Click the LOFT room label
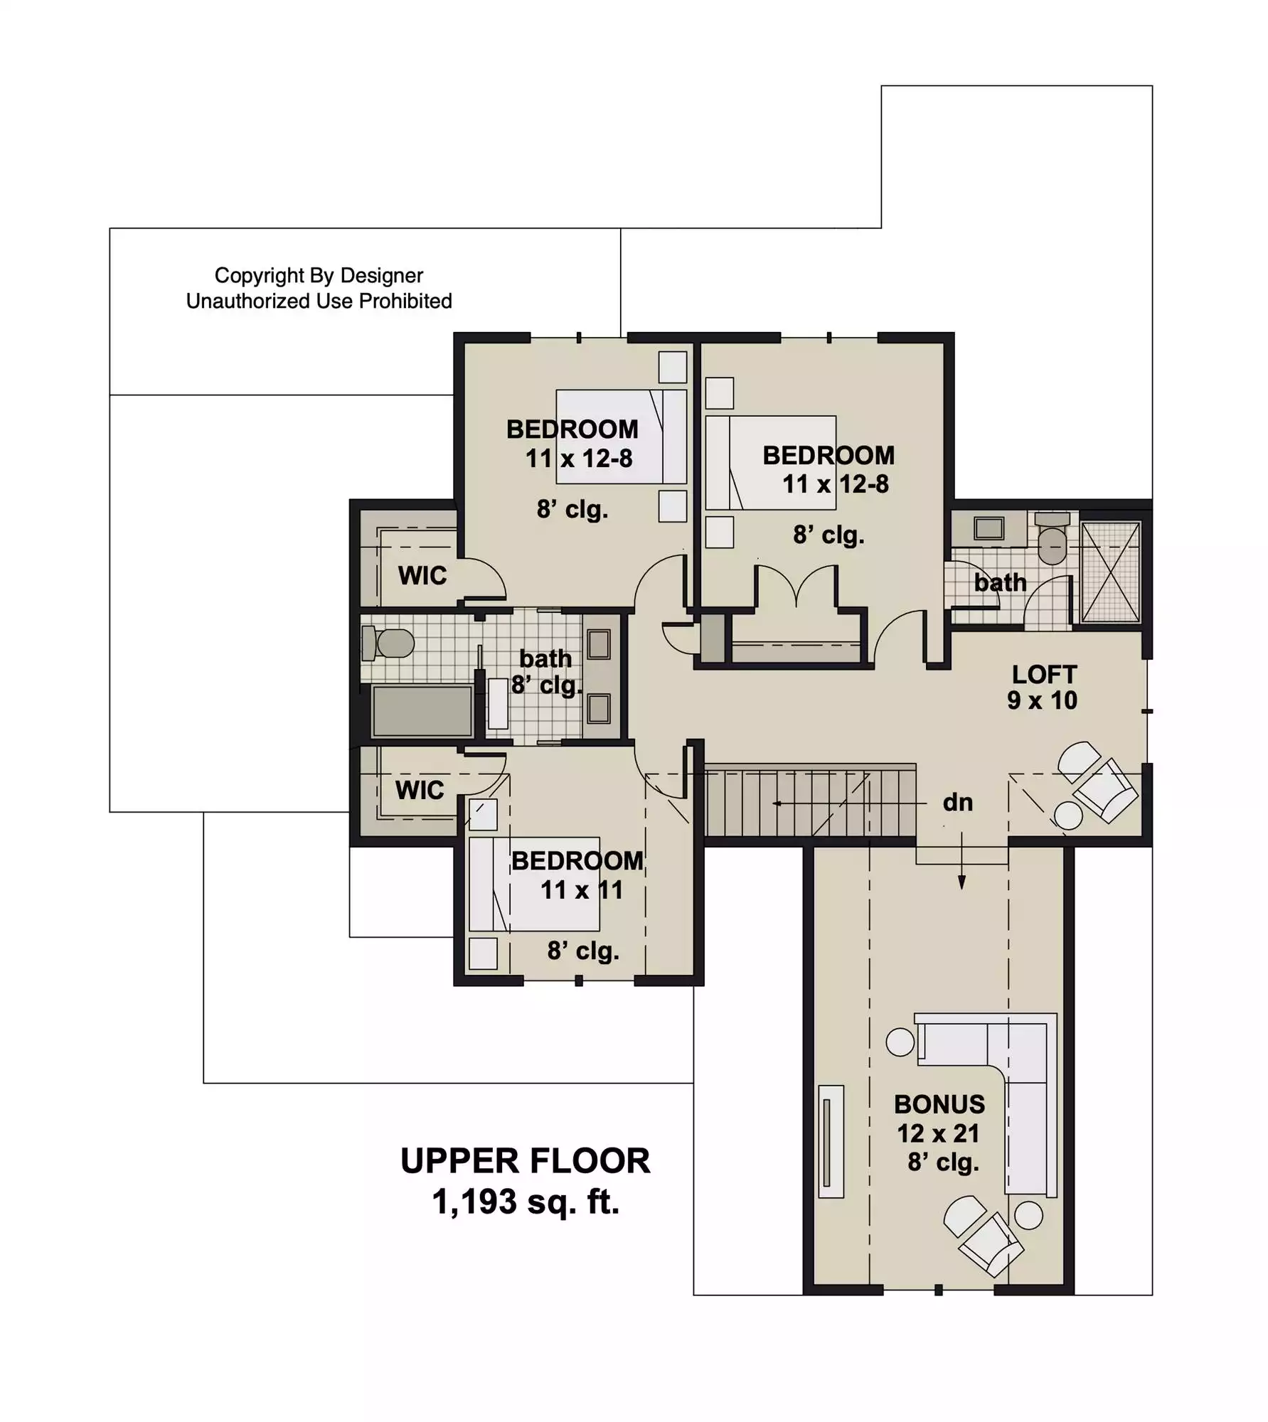pyautogui.click(x=1044, y=674)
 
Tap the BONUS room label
pyautogui.click(x=939, y=1104)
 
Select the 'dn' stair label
pyautogui.click(x=957, y=803)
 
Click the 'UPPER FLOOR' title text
pyautogui.click(x=525, y=1161)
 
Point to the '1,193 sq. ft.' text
pyautogui.click(x=526, y=1202)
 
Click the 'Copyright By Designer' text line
pyautogui.click(x=319, y=275)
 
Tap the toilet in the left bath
pyautogui.click(x=388, y=643)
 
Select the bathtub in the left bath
pyautogui.click(x=422, y=710)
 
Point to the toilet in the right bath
pyautogui.click(x=1053, y=538)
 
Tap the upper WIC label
pyautogui.click(x=422, y=575)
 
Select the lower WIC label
pyautogui.click(x=420, y=790)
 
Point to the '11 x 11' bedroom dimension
pyautogui.click(x=582, y=890)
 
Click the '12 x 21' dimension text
pyautogui.click(x=938, y=1133)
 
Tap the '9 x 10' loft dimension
pyautogui.click(x=1042, y=700)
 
